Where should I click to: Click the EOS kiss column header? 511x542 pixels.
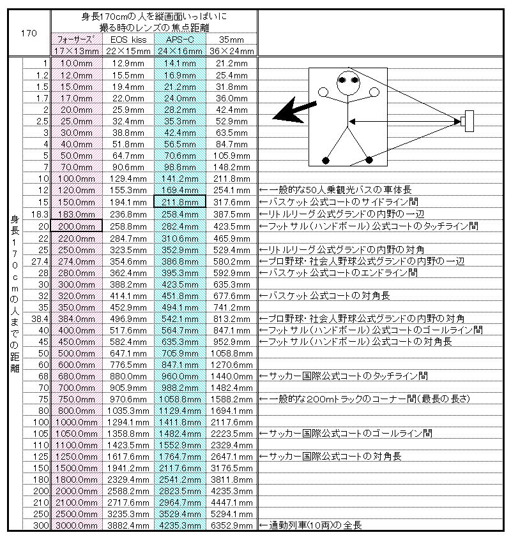point(128,40)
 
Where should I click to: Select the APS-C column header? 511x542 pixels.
point(179,40)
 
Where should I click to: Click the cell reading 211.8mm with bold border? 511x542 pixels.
point(179,202)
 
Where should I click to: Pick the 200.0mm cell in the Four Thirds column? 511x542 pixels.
point(77,226)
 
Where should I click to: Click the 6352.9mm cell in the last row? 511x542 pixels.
point(231,525)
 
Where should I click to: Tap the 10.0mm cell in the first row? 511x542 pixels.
point(77,63)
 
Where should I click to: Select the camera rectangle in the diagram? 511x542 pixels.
point(469,121)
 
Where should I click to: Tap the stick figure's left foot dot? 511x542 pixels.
point(326,159)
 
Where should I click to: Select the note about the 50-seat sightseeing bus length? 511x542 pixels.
point(336,190)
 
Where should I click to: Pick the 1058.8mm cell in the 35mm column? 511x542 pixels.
point(231,353)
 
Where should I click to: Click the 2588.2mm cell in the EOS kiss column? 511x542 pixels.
point(128,490)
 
